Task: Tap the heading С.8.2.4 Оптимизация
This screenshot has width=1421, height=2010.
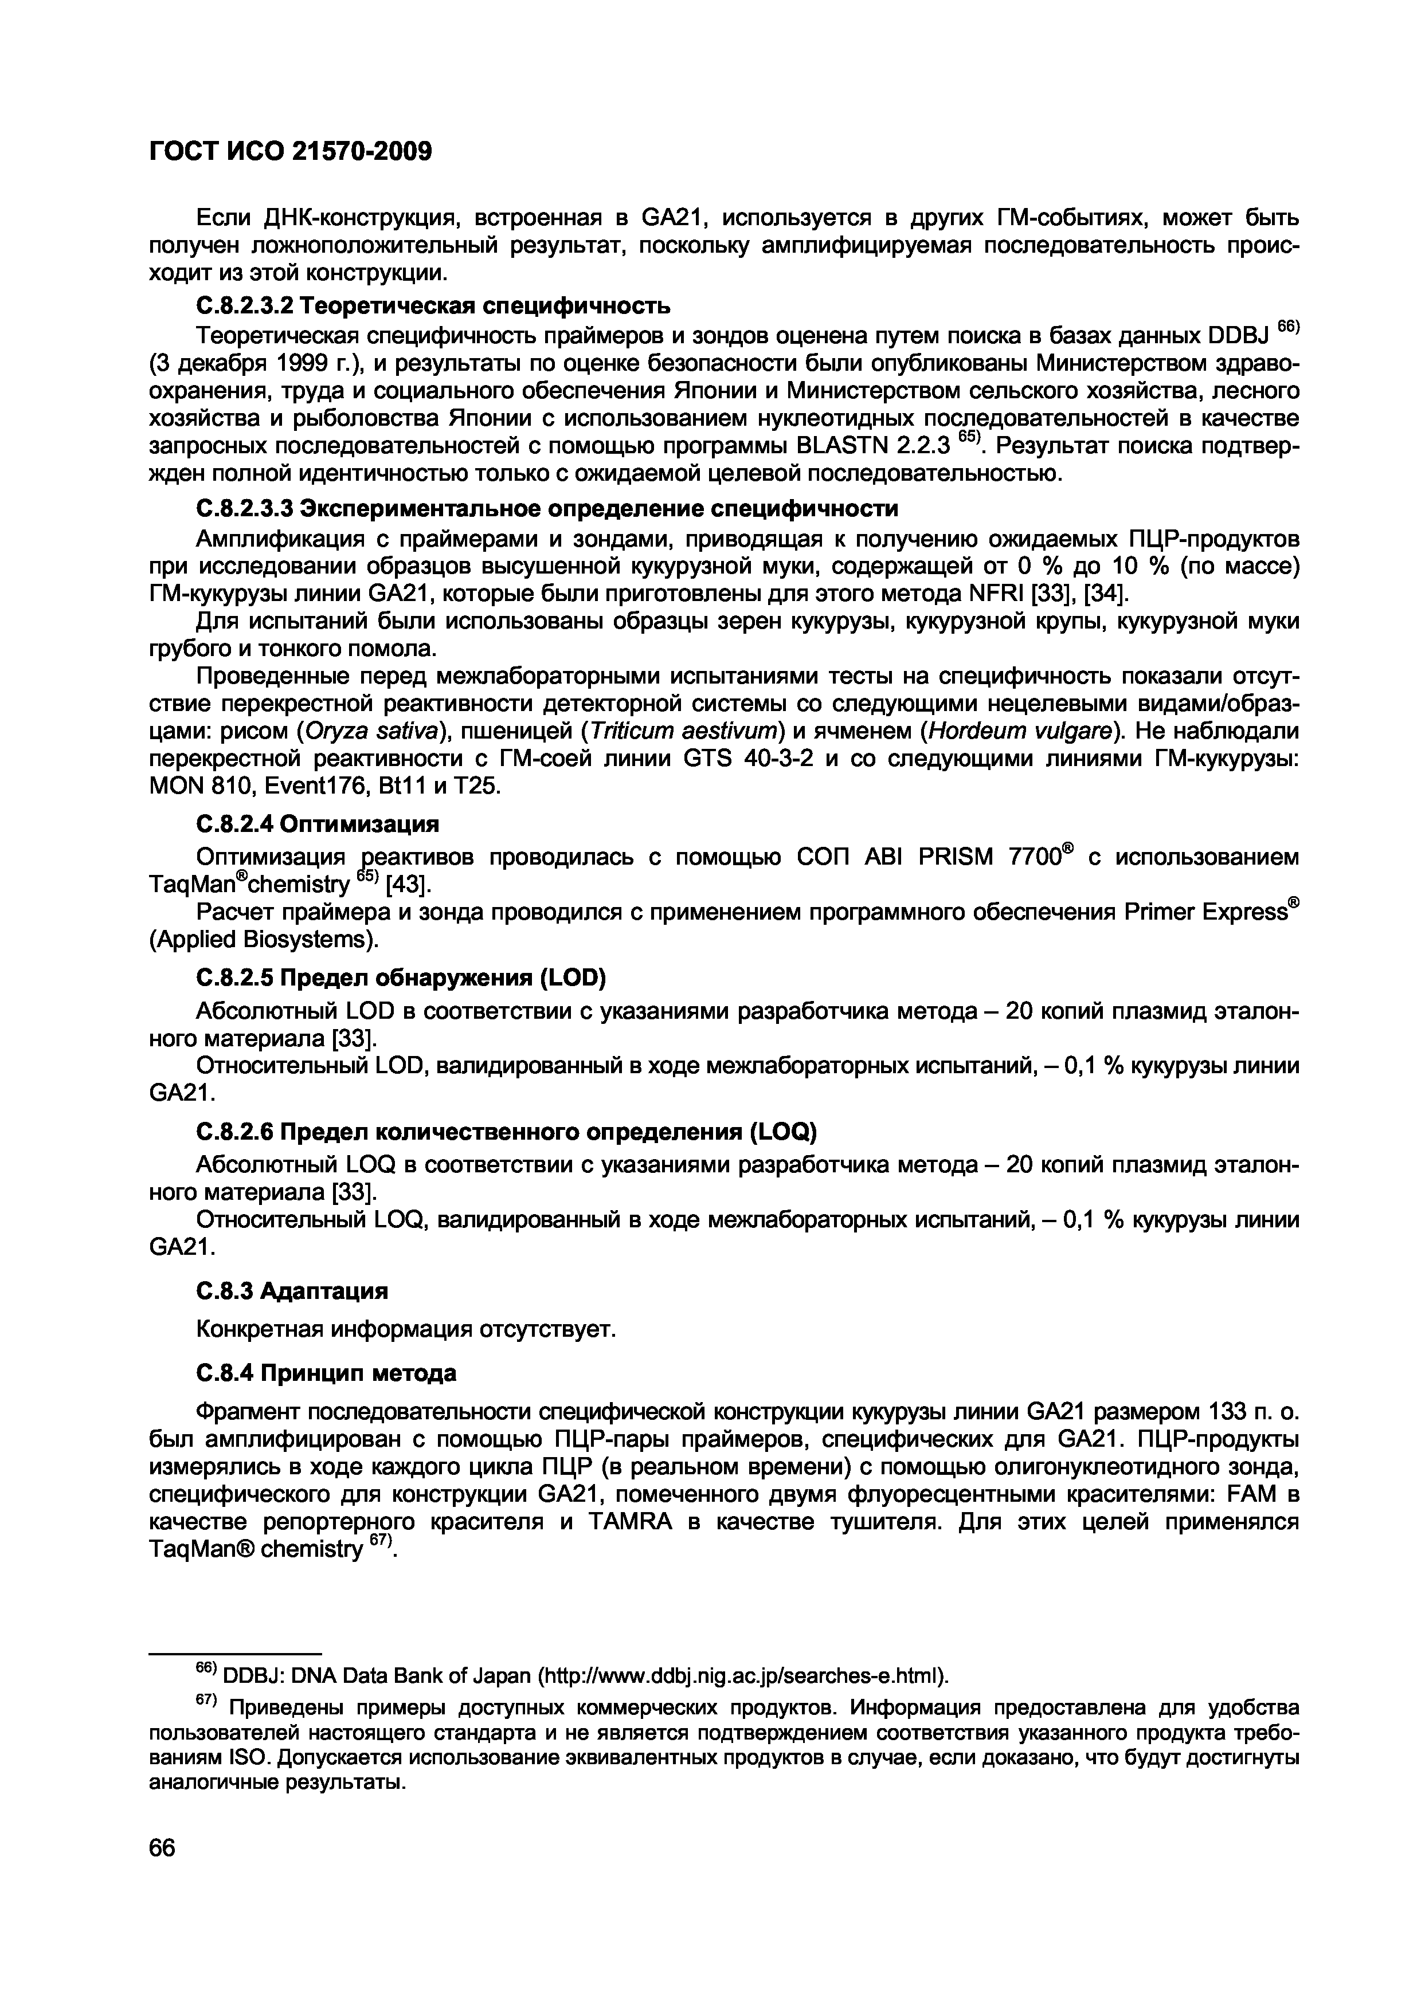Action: (x=317, y=825)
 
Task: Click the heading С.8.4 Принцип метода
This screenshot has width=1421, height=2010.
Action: (x=326, y=1373)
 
